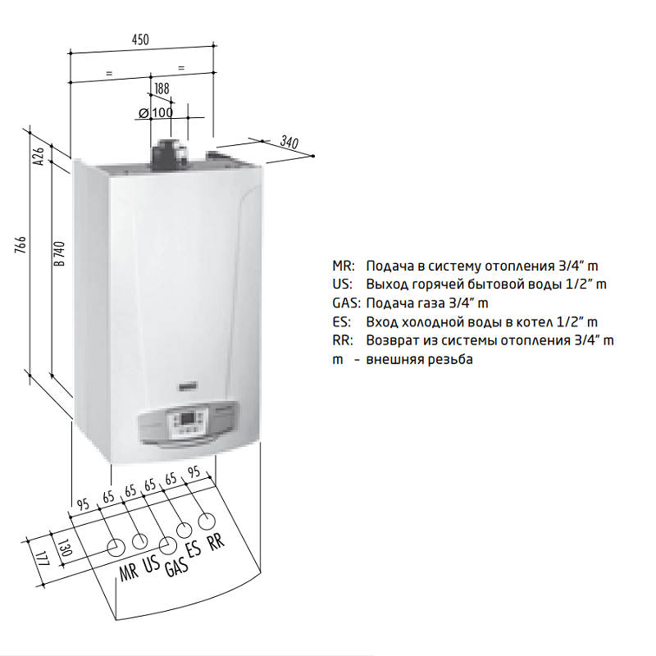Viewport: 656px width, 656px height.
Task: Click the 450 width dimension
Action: coord(140,39)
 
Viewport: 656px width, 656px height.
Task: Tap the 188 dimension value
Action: coord(162,89)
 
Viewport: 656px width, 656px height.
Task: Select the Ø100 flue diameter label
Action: coord(156,112)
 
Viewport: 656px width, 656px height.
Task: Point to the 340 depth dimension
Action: coord(289,142)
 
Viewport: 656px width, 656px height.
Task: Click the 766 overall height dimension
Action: coord(20,244)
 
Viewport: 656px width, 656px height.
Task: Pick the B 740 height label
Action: coord(59,253)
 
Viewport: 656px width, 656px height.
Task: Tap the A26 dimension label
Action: coord(39,156)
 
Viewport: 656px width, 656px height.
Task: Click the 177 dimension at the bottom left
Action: coord(43,559)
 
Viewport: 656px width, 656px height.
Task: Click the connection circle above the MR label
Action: coord(116,548)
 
